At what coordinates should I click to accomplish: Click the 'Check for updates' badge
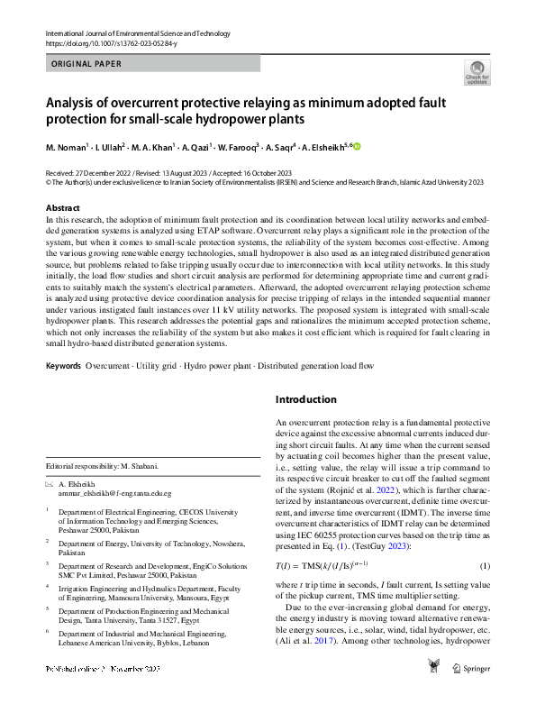[x=476, y=72]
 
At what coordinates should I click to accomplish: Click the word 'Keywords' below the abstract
[x=63, y=391]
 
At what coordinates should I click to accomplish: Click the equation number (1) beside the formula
[x=484, y=590]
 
